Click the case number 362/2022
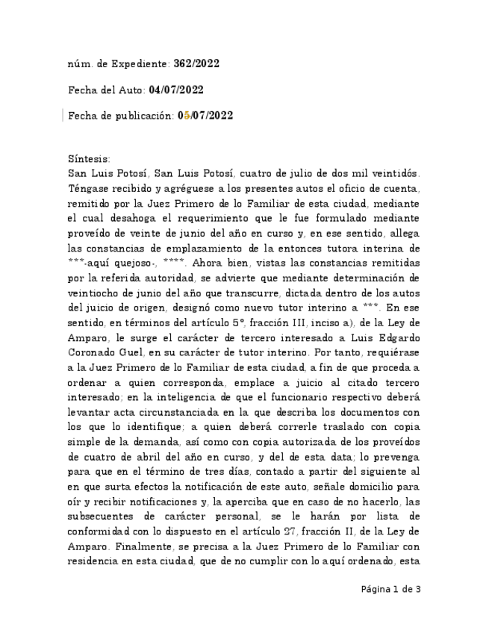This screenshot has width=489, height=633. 196,64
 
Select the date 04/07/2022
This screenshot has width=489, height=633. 176,90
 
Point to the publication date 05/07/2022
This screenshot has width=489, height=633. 205,115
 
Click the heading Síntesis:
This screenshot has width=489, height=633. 88,159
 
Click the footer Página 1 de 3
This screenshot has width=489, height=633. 391,589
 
